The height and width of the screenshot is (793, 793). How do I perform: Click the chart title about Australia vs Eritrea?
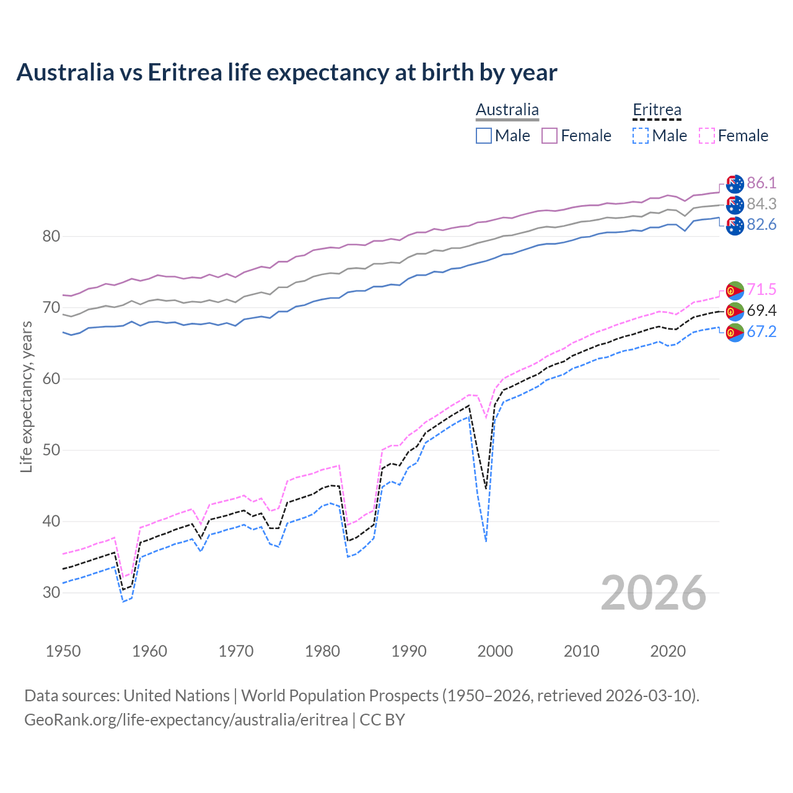pyautogui.click(x=287, y=72)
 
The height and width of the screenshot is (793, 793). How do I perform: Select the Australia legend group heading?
pyautogui.click(x=507, y=110)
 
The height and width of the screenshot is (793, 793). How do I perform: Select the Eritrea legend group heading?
pyautogui.click(x=657, y=110)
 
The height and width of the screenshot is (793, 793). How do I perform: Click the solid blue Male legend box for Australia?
pyautogui.click(x=484, y=136)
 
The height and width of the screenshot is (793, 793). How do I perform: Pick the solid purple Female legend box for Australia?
pyautogui.click(x=550, y=136)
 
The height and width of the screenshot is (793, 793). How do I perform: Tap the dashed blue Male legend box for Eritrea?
pyautogui.click(x=641, y=136)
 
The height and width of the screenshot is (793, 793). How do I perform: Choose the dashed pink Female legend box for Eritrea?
pyautogui.click(x=707, y=136)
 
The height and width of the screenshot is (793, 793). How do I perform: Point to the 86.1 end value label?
pyautogui.click(x=761, y=183)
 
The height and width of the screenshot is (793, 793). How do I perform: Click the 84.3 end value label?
pyautogui.click(x=761, y=204)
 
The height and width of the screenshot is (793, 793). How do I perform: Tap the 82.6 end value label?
pyautogui.click(x=761, y=225)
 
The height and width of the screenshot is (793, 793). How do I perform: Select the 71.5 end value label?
pyautogui.click(x=761, y=290)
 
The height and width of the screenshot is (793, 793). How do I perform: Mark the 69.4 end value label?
pyautogui.click(x=761, y=310)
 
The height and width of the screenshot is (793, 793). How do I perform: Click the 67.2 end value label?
pyautogui.click(x=761, y=332)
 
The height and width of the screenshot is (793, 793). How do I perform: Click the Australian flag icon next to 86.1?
pyautogui.click(x=735, y=184)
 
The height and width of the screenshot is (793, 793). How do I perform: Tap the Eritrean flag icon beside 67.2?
pyautogui.click(x=735, y=333)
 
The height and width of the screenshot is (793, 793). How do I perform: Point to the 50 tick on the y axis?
pyautogui.click(x=51, y=450)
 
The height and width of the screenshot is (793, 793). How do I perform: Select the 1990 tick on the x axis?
pyautogui.click(x=409, y=651)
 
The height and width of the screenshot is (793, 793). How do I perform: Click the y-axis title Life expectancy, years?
pyautogui.click(x=27, y=396)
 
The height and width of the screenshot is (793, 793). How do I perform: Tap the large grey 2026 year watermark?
pyautogui.click(x=654, y=593)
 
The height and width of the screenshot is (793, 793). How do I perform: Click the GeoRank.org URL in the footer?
pyautogui.click(x=186, y=720)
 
